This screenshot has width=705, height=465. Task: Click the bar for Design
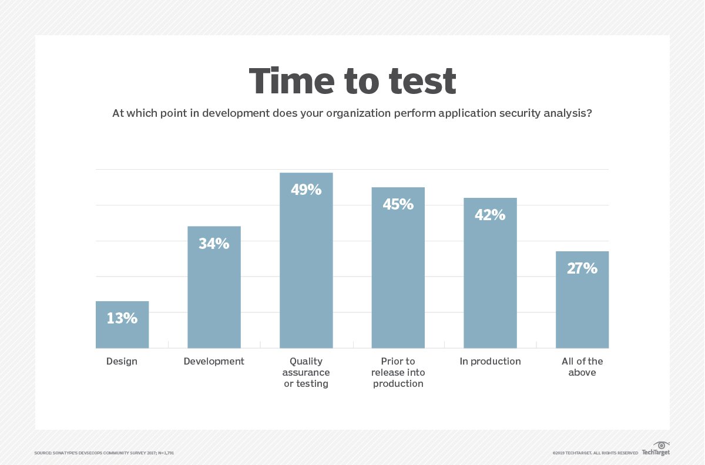122,332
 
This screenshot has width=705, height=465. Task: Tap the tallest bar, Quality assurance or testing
306,270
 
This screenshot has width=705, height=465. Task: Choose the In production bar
490,282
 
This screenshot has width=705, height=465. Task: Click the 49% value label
306,190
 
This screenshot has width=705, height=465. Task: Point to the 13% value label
122,318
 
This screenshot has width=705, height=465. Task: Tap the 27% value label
582,268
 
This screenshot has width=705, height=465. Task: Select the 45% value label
398,204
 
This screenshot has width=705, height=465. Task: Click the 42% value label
490,215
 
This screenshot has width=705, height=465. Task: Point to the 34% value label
214,243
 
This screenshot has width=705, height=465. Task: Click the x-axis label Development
214,361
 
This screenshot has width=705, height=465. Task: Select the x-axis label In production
490,361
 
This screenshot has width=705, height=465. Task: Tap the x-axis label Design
122,361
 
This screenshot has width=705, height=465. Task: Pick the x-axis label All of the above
582,366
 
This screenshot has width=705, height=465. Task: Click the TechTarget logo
656,449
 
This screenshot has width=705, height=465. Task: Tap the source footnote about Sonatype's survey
104,453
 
